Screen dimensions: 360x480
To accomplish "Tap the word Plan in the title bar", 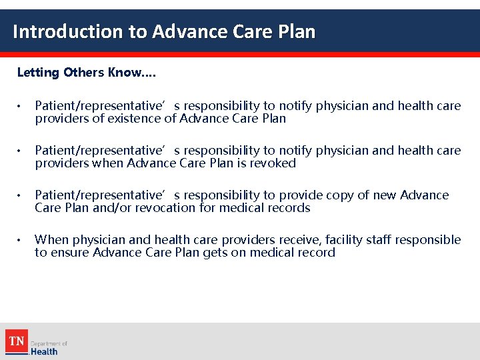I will coord(293,31).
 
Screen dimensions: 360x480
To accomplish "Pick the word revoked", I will coord(273,163).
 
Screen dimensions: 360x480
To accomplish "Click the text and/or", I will coord(108,208).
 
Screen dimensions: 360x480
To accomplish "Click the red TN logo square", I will coord(16,342).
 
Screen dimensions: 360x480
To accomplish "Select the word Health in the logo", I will coord(44,351).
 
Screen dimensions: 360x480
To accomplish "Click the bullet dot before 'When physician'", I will coord(21,240).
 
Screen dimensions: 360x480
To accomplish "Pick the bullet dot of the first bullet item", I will coord(21,107).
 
